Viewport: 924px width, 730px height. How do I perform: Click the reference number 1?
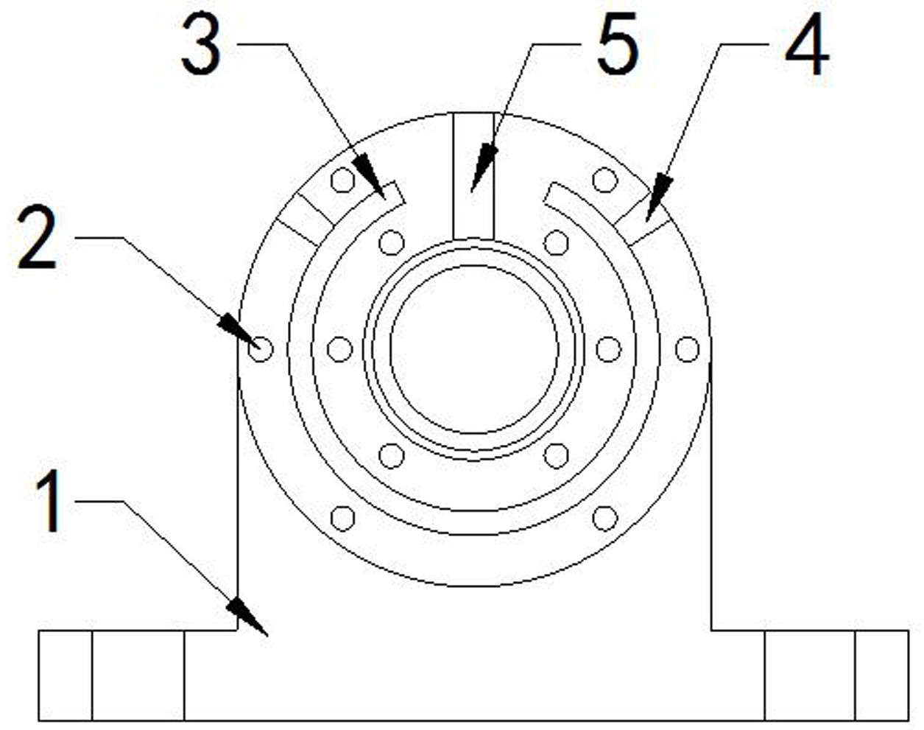[x=49, y=501]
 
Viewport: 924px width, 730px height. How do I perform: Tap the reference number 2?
[x=37, y=237]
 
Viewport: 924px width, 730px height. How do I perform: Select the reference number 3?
[x=201, y=43]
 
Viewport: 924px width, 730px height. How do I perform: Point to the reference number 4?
[x=807, y=43]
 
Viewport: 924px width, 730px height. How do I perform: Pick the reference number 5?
[x=618, y=43]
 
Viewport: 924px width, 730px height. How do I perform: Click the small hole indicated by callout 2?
[x=261, y=349]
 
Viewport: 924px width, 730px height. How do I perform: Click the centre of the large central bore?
[x=474, y=349]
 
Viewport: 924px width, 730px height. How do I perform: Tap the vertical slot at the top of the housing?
[x=474, y=176]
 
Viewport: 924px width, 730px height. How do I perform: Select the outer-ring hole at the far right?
[x=688, y=349]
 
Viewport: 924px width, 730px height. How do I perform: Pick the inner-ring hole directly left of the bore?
[x=340, y=349]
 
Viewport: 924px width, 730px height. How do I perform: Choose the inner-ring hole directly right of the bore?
[x=609, y=349]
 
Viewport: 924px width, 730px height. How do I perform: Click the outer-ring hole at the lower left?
[x=342, y=519]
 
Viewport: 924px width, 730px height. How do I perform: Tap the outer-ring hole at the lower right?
[x=605, y=519]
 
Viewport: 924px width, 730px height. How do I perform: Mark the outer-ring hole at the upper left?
[x=342, y=180]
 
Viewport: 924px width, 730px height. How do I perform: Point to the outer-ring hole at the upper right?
[x=605, y=180]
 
